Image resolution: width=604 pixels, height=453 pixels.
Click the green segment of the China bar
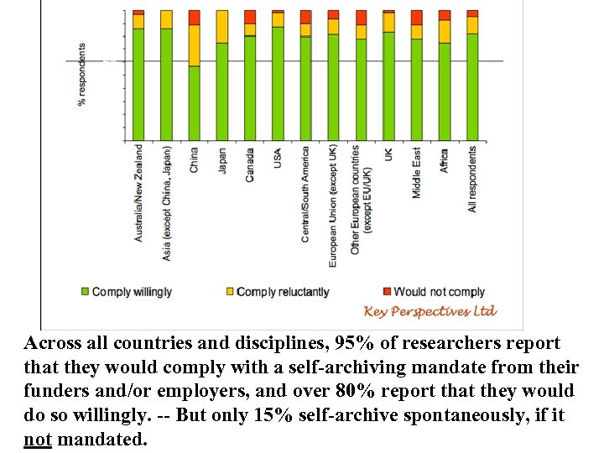click(194, 102)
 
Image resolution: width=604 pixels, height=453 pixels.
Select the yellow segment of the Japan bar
click(222, 26)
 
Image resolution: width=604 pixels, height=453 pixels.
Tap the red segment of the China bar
click(194, 18)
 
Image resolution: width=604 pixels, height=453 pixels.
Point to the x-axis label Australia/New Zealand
click(138, 194)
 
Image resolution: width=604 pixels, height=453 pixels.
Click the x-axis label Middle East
click(417, 173)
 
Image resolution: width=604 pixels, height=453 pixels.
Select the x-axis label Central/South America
click(305, 195)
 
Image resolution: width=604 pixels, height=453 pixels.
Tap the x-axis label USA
click(278, 159)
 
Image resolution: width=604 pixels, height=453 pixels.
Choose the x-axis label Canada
click(250, 164)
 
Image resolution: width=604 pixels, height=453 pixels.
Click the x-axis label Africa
click(445, 161)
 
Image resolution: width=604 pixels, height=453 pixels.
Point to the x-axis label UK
click(388, 155)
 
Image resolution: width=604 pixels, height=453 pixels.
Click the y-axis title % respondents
click(82, 75)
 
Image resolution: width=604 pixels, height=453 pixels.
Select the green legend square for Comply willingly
click(85, 292)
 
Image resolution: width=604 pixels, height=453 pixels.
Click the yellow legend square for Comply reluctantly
click(230, 292)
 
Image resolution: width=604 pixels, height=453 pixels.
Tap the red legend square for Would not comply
click(387, 292)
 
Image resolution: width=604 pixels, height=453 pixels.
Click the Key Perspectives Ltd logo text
click(430, 311)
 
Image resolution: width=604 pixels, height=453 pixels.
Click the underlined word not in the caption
click(39, 440)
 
